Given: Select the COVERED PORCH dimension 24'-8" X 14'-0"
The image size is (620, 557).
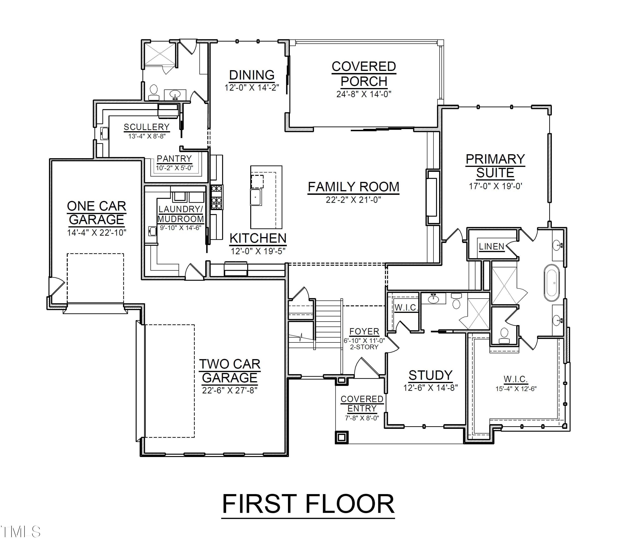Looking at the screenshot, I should [x=364, y=94].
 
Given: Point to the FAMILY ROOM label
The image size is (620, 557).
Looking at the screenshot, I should [x=353, y=187].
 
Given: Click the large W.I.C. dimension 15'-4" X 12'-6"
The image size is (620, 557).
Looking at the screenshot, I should [x=516, y=389].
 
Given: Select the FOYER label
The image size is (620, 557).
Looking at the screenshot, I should [x=364, y=332].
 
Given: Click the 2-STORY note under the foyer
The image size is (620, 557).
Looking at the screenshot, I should [x=364, y=347].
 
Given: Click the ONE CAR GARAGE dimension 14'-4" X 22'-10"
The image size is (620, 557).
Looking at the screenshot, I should [x=97, y=233].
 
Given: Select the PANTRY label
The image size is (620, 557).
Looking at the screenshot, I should [x=174, y=159].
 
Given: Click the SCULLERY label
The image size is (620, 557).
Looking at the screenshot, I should [x=146, y=127].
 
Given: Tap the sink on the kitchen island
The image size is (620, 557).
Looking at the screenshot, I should [x=256, y=197].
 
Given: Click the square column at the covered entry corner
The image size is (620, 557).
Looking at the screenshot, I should [x=342, y=437].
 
